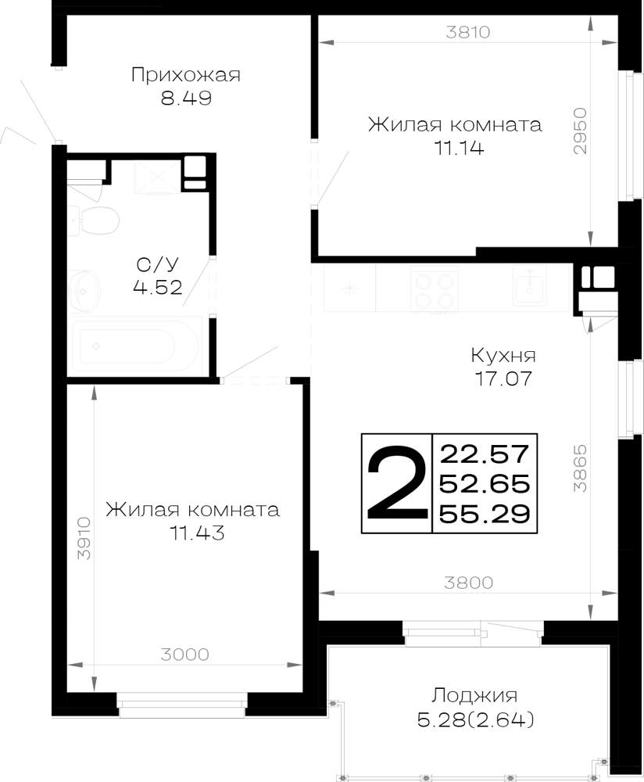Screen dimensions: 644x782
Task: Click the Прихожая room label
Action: (x=186, y=75)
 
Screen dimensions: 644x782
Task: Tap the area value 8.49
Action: (x=186, y=98)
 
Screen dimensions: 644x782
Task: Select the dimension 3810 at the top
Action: (x=468, y=32)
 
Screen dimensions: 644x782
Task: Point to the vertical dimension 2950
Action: (x=580, y=131)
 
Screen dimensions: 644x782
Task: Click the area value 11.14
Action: (x=460, y=148)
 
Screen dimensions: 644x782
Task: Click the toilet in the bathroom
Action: (x=95, y=221)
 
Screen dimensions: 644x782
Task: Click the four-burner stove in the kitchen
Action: (x=434, y=289)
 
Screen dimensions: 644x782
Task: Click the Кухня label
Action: (x=503, y=356)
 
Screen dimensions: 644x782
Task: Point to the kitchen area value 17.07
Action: (x=503, y=378)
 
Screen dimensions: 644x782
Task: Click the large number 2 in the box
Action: (x=397, y=482)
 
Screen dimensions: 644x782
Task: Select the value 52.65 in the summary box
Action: (x=485, y=484)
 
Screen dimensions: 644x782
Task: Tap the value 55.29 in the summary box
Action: (x=485, y=514)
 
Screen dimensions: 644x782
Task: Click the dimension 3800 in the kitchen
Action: (x=469, y=582)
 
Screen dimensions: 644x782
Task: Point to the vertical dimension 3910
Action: (x=84, y=538)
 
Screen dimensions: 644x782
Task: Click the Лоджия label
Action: (x=474, y=695)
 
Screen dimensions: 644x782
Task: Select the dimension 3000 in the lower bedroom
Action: (x=185, y=654)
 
